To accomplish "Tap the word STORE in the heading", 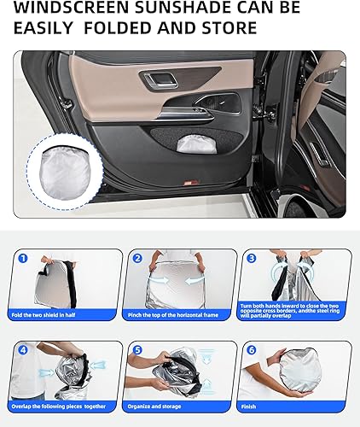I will tap(229, 28).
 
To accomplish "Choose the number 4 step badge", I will tap(24, 350).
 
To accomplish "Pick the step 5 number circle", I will tap(137, 350).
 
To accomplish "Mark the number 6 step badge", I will tap(252, 350).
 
